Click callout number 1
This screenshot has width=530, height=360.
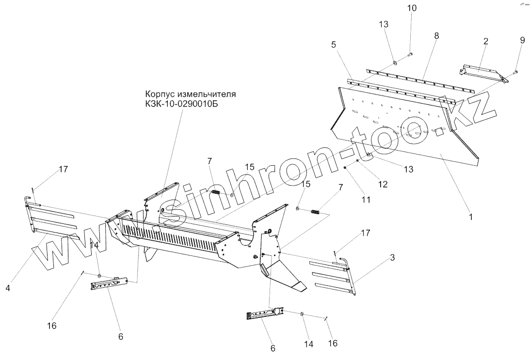(469, 217)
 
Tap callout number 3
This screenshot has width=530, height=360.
(392, 257)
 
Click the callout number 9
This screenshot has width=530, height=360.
(522, 40)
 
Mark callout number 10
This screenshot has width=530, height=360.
(411, 8)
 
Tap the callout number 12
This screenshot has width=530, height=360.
(383, 184)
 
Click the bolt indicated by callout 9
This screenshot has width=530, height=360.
(514, 72)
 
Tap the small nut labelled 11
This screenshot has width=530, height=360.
(345, 168)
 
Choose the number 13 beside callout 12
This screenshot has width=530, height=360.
(408, 169)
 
